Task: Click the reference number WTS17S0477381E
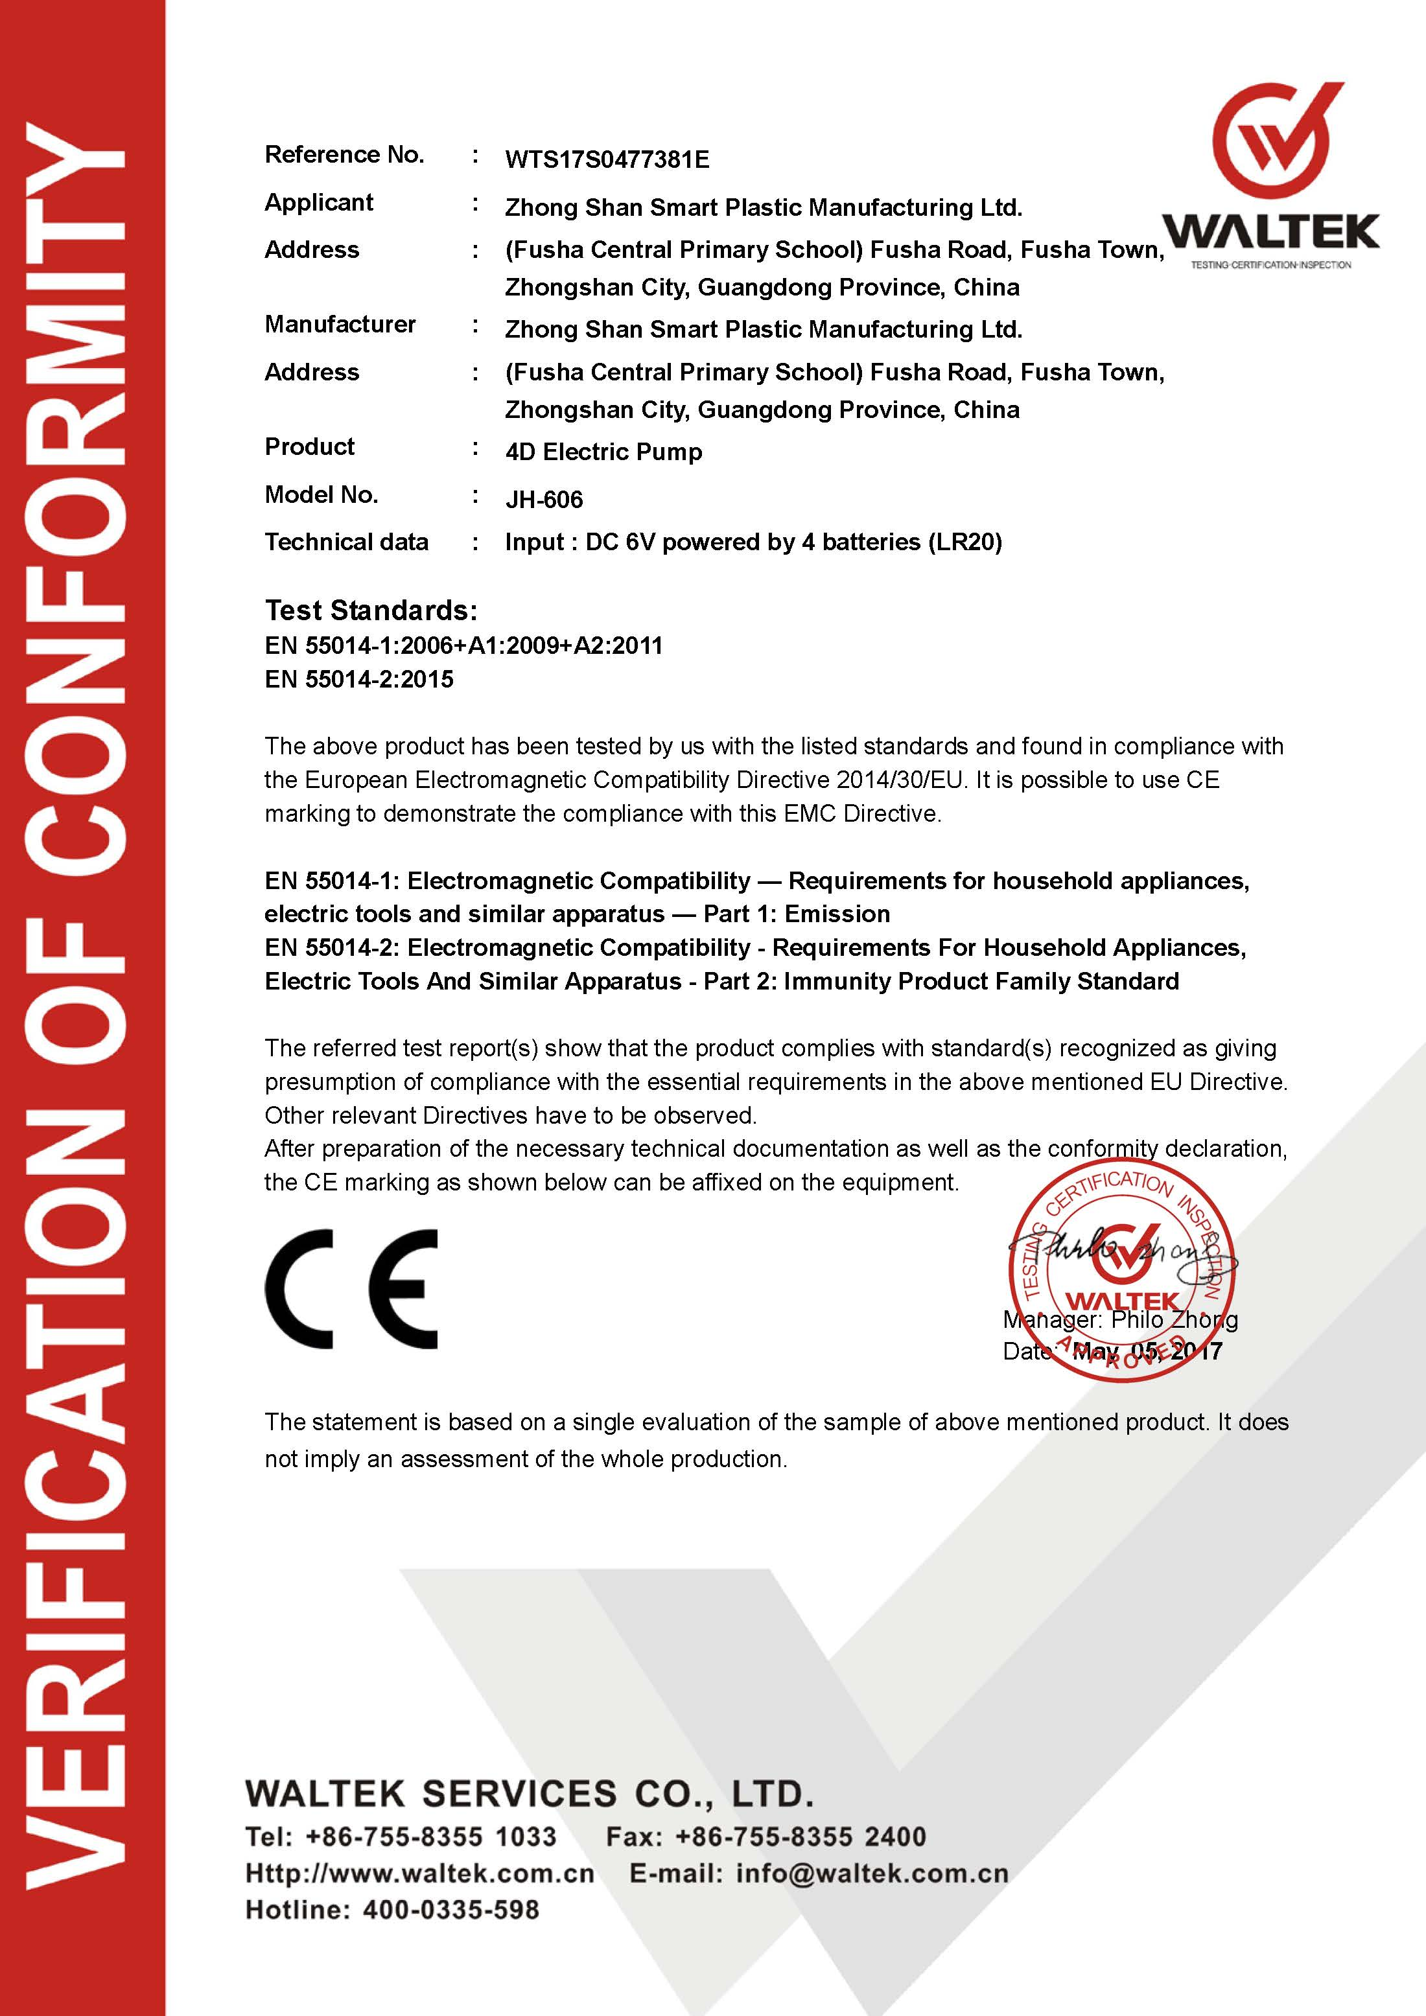tap(607, 160)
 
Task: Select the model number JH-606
tap(544, 500)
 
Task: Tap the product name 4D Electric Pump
tap(603, 452)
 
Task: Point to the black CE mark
tap(351, 1289)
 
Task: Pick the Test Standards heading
tap(371, 610)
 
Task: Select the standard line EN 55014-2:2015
tap(359, 678)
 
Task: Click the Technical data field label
tap(346, 542)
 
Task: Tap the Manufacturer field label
tap(340, 325)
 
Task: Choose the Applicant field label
tap(319, 203)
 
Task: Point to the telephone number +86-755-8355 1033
tap(430, 1836)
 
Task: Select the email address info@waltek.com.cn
tap(872, 1873)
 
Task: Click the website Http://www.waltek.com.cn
tap(420, 1873)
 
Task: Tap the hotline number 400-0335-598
tap(446, 1910)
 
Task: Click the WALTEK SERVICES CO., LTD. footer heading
tap(530, 1794)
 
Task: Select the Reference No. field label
tap(344, 156)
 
